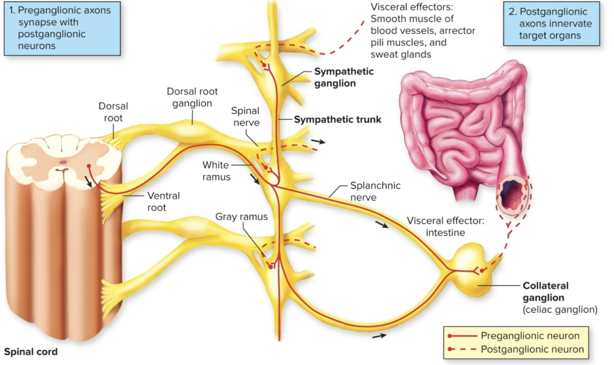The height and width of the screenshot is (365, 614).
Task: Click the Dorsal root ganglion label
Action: coord(192,97)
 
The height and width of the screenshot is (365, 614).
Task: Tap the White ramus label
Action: coord(216,171)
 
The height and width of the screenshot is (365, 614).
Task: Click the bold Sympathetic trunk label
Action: coord(338,119)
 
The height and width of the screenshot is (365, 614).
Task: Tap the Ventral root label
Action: coord(164,201)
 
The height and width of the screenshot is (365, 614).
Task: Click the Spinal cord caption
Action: coord(31,352)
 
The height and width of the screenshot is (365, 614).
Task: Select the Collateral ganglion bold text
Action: coord(545,291)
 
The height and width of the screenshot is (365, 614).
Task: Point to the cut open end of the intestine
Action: coord(512,193)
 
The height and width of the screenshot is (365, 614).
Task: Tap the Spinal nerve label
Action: coord(245,116)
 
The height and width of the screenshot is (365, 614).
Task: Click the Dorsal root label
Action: coord(113,112)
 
